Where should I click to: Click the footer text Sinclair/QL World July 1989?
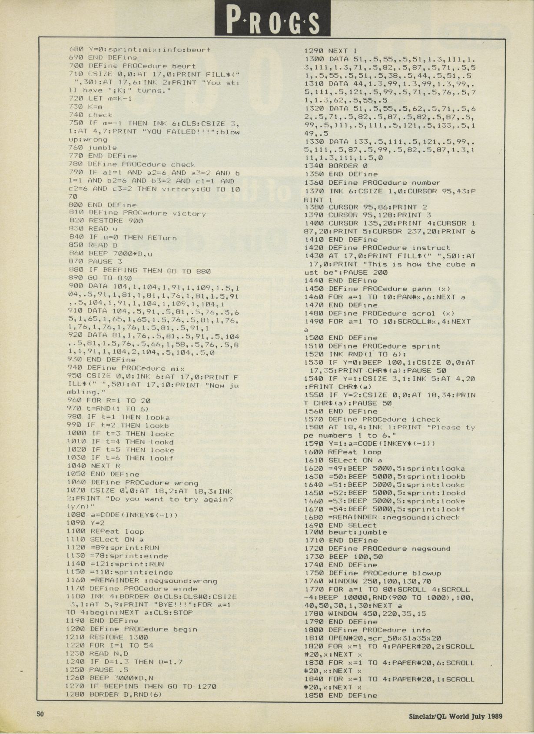click(x=455, y=716)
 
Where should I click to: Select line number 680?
click(x=76, y=50)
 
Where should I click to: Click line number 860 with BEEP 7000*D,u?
click(x=76, y=254)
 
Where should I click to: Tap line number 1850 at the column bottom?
click(x=313, y=695)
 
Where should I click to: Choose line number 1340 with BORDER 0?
click(x=314, y=166)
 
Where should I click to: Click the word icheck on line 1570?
click(x=426, y=419)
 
